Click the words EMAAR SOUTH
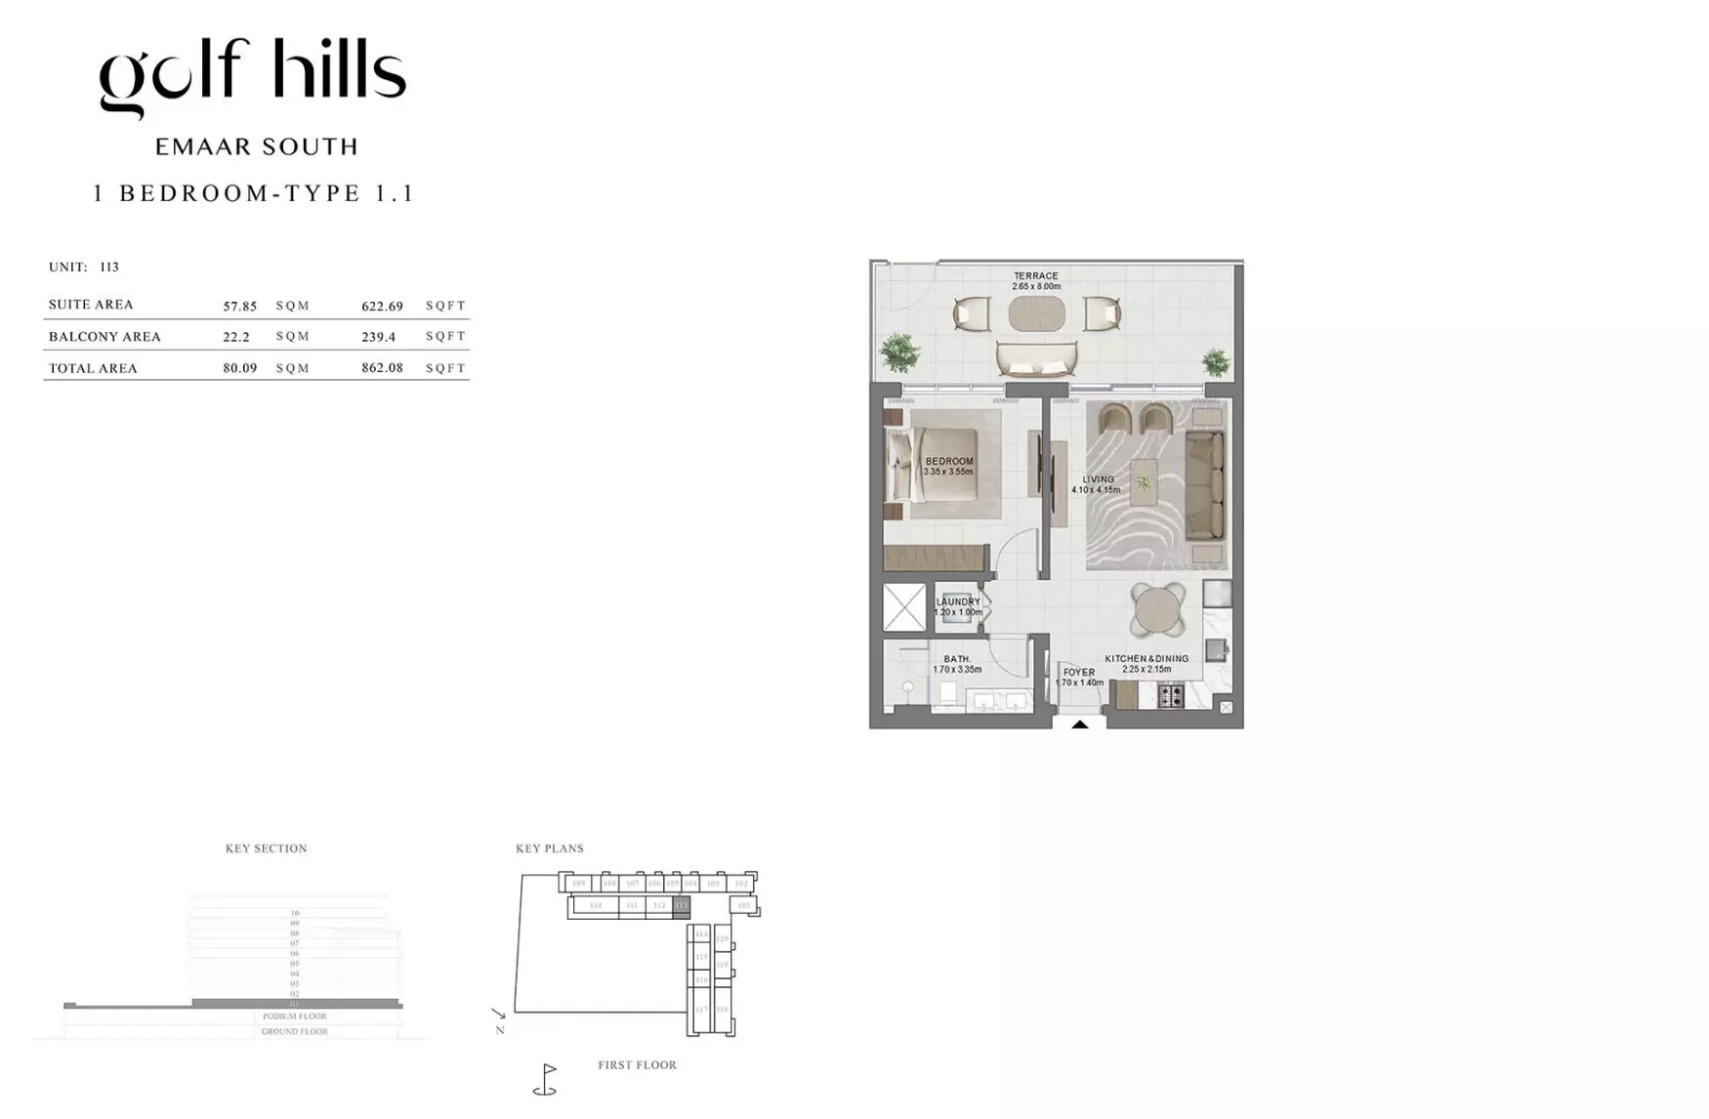pyautogui.click(x=257, y=147)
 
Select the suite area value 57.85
pyautogui.click(x=239, y=306)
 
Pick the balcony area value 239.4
pyautogui.click(x=378, y=337)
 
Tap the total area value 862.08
pyautogui.click(x=382, y=368)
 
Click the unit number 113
pyautogui.click(x=108, y=267)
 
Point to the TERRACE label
pyautogui.click(x=1035, y=276)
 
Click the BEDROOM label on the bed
pyautogui.click(x=948, y=462)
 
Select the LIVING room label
pyautogui.click(x=1098, y=479)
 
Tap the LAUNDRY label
pyautogui.click(x=957, y=602)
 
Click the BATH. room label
pyautogui.click(x=957, y=660)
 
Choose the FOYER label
pyautogui.click(x=1078, y=673)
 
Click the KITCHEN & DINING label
pyautogui.click(x=1146, y=659)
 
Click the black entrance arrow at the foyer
pyautogui.click(x=1079, y=725)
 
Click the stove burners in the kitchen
pyautogui.click(x=1170, y=696)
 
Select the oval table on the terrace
pyautogui.click(x=1036, y=314)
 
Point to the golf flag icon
pyautogui.click(x=546, y=1079)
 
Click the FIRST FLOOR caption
pyautogui.click(x=637, y=1065)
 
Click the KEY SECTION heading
pyautogui.click(x=266, y=849)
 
